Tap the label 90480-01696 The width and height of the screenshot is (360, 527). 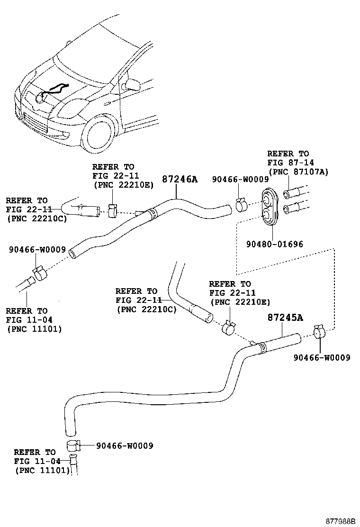click(x=274, y=244)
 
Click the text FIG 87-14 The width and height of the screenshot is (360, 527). click(x=288, y=163)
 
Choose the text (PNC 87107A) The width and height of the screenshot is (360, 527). click(x=298, y=172)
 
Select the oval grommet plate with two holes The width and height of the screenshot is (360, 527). click(x=270, y=205)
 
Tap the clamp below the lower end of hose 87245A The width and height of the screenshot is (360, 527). click(x=73, y=446)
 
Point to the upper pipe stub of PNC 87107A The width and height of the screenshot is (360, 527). click(x=291, y=193)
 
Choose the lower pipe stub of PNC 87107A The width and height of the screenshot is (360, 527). click(x=291, y=208)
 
